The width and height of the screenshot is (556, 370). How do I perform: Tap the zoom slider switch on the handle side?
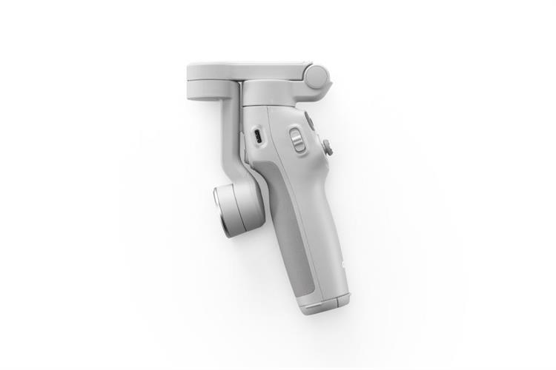click(297, 140)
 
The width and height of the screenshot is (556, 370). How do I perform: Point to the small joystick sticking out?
click(328, 147)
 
